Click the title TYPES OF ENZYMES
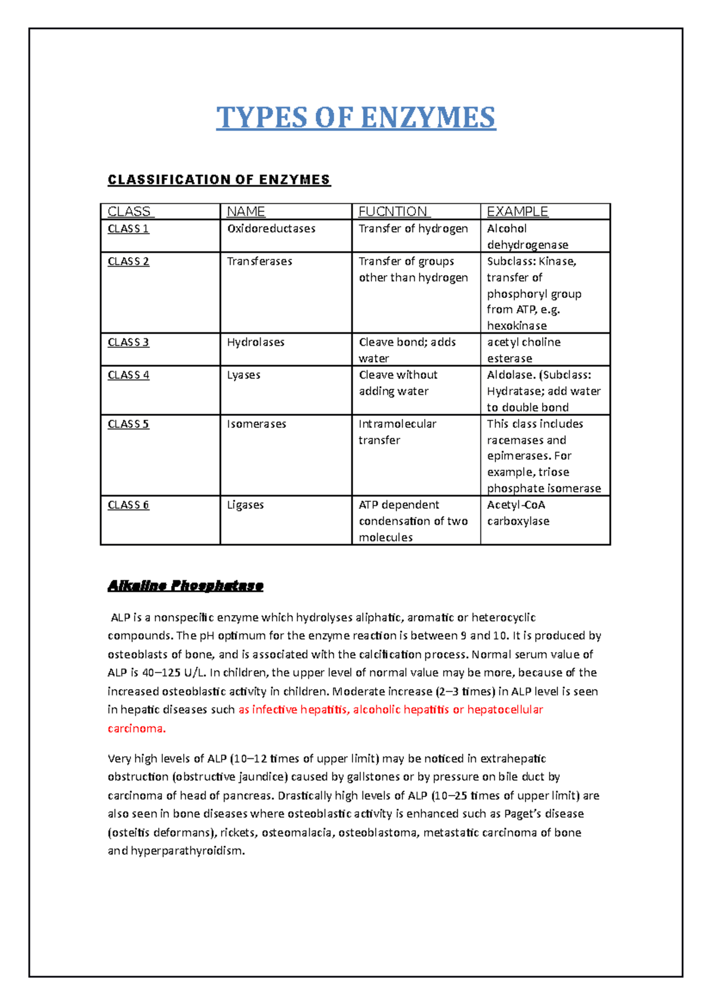pos(355,117)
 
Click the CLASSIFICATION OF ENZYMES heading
pos(219,180)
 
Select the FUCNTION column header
pos(393,212)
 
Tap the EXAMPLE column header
pos(517,212)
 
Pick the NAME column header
pos(246,212)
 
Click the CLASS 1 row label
pos(128,229)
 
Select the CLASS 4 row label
pos(128,375)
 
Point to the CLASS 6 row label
pos(128,505)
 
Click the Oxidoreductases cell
pos(271,229)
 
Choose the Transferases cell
pos(260,261)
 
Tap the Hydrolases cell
pos(255,342)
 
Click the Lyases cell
pos(244,375)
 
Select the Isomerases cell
pos(256,424)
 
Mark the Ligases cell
pos(245,505)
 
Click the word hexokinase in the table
pos(517,326)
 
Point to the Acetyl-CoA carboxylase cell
pos(518,513)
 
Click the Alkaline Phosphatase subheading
pos(185,586)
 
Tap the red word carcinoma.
pos(136,728)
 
